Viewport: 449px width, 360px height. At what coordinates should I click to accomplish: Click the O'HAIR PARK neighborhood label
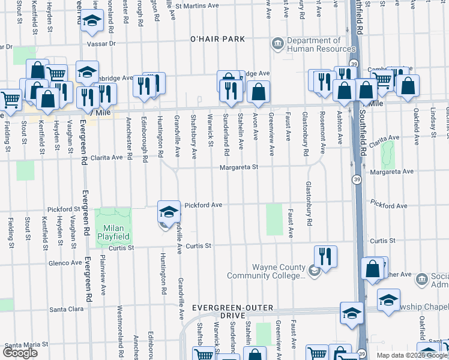(217, 39)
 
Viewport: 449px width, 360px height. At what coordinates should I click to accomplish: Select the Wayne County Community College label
(266, 271)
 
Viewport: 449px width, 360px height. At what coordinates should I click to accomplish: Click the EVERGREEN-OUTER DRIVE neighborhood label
(232, 311)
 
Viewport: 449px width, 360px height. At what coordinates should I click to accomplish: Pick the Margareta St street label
(238, 168)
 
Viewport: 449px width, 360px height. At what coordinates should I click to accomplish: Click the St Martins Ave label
(200, 5)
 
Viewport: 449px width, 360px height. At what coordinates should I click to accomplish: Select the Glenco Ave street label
(65, 263)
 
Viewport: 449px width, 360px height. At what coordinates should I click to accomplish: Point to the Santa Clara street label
(66, 310)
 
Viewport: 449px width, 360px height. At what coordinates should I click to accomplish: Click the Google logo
(20, 353)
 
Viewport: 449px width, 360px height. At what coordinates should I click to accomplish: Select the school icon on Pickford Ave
(169, 211)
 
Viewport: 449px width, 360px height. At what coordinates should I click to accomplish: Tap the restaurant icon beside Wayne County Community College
(325, 256)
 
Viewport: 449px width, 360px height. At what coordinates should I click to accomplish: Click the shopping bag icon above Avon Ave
(258, 91)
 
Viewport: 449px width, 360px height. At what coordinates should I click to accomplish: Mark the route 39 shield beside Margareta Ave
(357, 180)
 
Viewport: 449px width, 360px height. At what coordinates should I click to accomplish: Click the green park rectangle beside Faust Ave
(274, 219)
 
